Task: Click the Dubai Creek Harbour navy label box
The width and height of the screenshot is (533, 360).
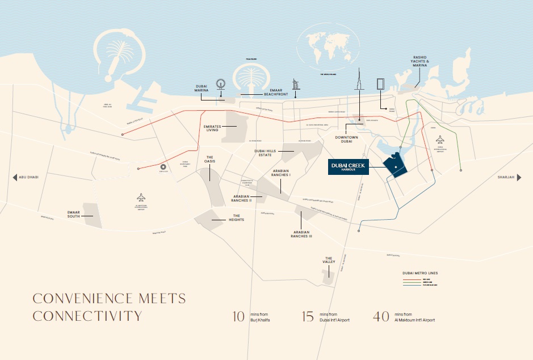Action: (x=349, y=166)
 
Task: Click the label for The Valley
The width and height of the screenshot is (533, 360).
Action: (x=329, y=260)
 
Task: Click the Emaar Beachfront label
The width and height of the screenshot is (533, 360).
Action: (x=272, y=94)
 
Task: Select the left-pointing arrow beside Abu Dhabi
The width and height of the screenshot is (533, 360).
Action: (x=15, y=177)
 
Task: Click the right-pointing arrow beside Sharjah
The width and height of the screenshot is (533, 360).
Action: (x=519, y=177)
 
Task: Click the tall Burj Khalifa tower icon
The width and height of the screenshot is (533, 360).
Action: (x=359, y=91)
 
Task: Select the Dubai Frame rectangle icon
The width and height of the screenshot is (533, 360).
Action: (x=380, y=83)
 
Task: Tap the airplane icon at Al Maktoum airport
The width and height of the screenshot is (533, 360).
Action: (x=141, y=197)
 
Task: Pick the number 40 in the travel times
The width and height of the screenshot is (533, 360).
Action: (x=381, y=316)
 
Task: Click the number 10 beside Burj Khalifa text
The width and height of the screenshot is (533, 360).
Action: (x=239, y=316)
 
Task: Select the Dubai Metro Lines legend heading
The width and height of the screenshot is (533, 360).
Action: (x=419, y=273)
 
